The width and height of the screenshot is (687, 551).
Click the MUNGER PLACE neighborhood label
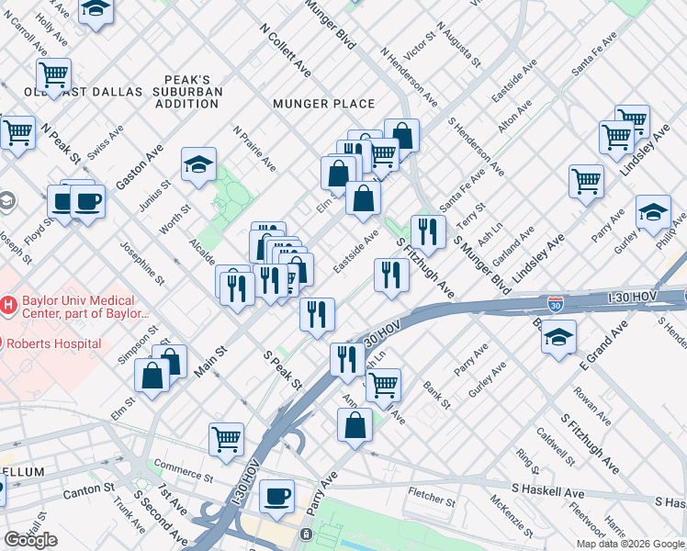tap(323, 104)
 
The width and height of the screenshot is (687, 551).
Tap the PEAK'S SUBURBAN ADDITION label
tap(187, 92)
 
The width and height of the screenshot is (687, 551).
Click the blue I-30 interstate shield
tap(555, 302)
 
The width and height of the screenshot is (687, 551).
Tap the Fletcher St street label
tap(432, 501)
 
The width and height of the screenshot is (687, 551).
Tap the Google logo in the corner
tap(30, 540)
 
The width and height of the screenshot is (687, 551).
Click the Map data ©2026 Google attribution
tap(630, 544)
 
